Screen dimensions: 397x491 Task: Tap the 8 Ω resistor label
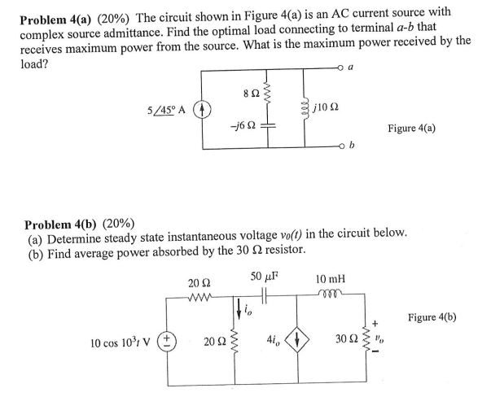pyautogui.click(x=232, y=98)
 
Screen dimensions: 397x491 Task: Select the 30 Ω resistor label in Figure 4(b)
pyautogui.click(x=344, y=338)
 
